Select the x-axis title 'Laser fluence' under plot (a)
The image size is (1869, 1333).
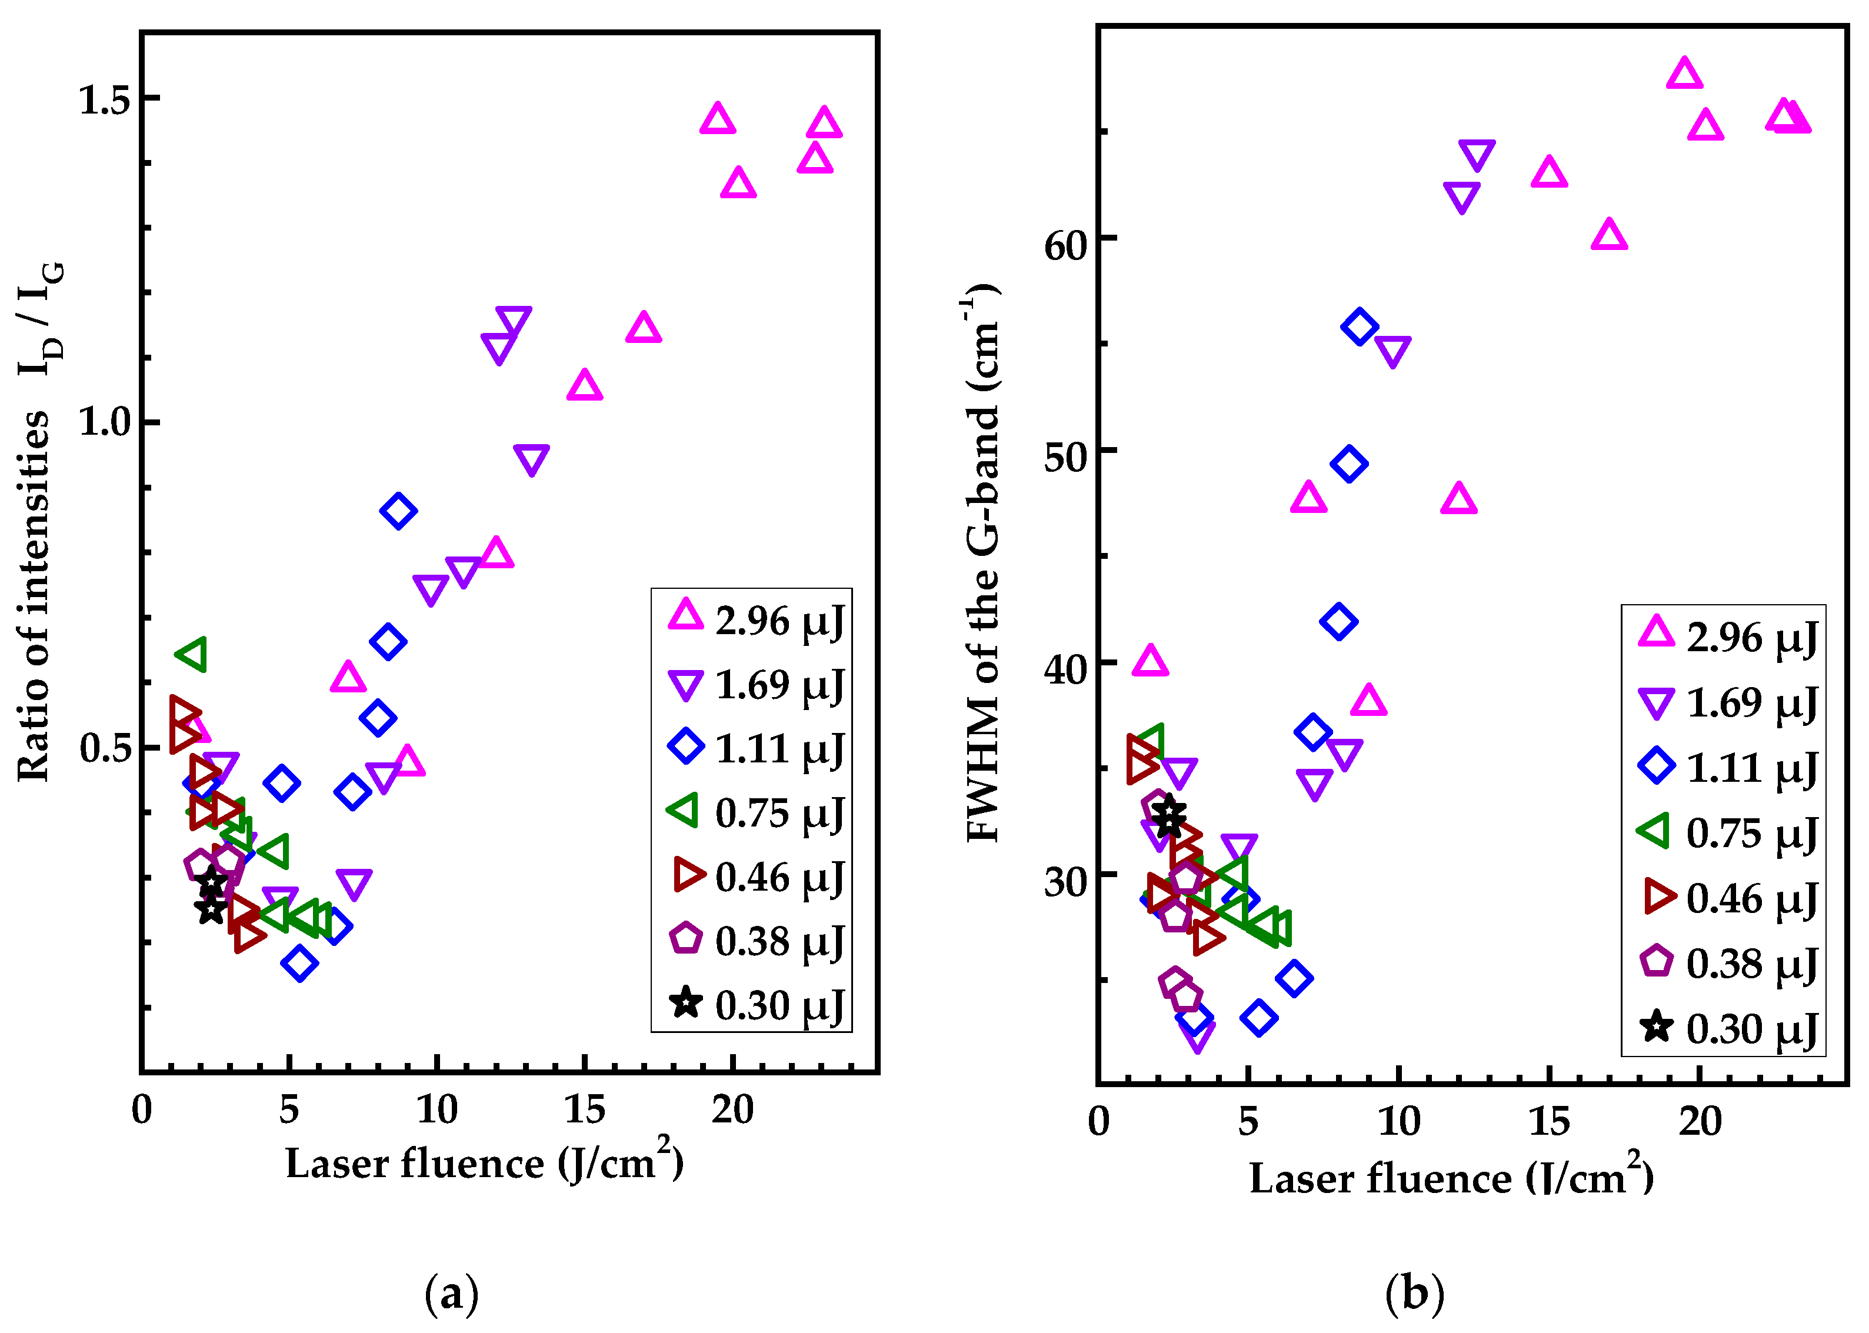click(x=484, y=1163)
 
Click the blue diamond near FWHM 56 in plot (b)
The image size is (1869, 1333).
click(x=1360, y=326)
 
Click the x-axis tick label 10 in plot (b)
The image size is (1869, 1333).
click(x=1399, y=1122)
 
